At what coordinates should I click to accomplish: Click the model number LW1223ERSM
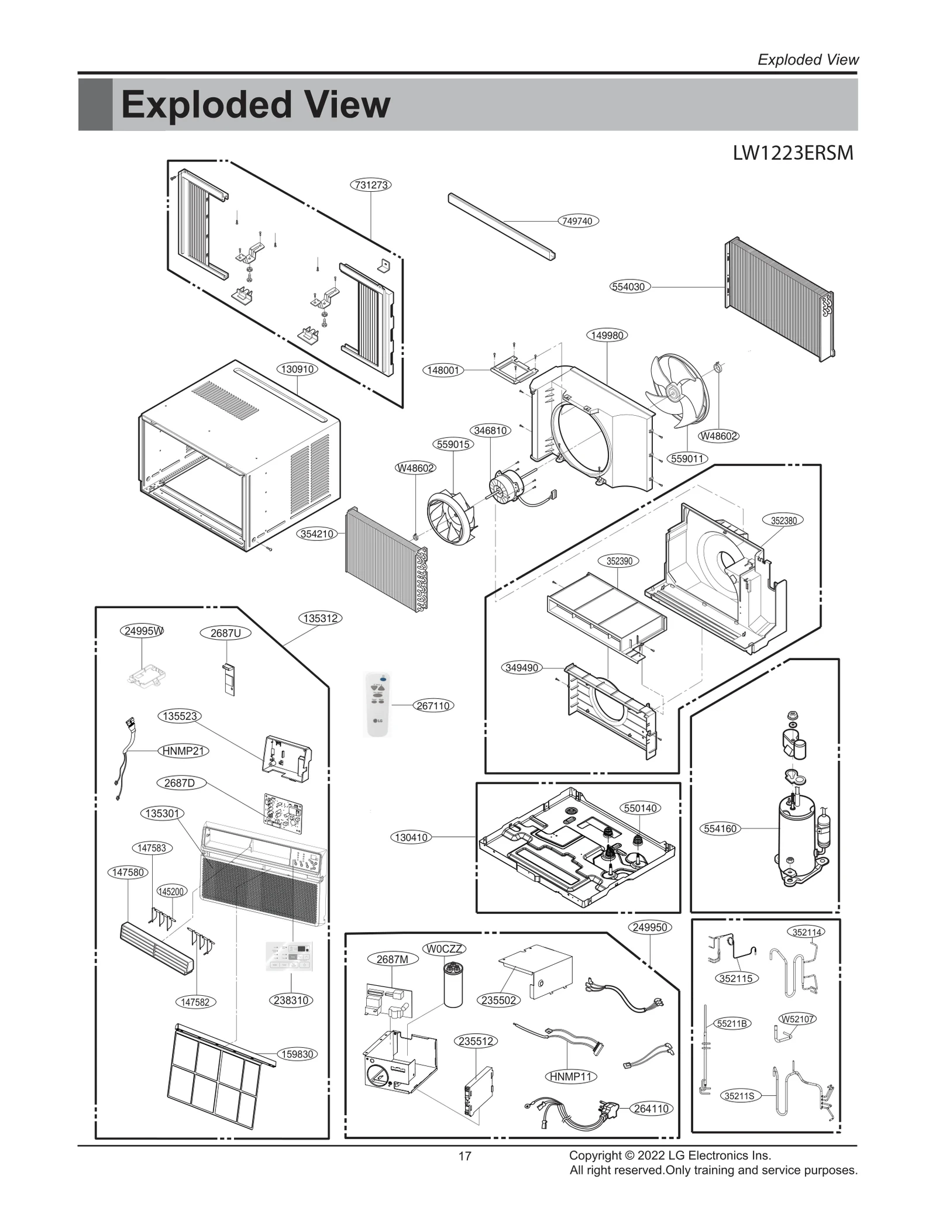[x=793, y=153]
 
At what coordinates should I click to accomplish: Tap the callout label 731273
[x=371, y=185]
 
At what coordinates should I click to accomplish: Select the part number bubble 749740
[x=577, y=221]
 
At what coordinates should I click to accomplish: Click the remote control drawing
[x=377, y=705]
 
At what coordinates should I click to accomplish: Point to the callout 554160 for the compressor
[x=720, y=829]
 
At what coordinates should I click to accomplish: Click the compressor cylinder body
[x=794, y=842]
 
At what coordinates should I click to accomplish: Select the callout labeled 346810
[x=490, y=430]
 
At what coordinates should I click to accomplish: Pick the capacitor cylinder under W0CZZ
[x=453, y=985]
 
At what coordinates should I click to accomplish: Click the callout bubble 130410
[x=411, y=837]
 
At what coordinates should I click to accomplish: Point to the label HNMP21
[x=184, y=751]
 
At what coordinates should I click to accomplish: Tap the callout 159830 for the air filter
[x=298, y=1054]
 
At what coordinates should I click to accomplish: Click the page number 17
[x=464, y=1156]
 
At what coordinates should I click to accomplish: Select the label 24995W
[x=143, y=631]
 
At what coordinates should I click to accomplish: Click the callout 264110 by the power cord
[x=651, y=1109]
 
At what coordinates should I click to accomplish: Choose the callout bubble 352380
[x=783, y=520]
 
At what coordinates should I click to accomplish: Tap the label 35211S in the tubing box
[x=739, y=1096]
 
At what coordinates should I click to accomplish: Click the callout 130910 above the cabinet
[x=297, y=370]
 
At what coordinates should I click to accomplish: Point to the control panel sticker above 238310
[x=289, y=957]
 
